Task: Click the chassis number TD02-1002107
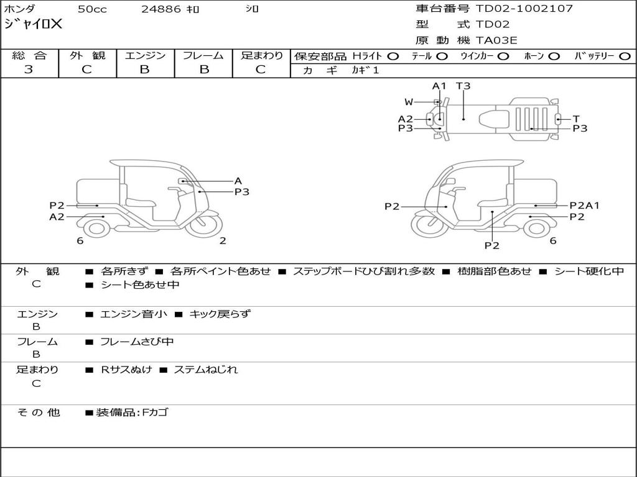[524, 9]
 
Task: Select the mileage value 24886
[160, 9]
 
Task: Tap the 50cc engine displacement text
[92, 9]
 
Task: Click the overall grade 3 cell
[29, 70]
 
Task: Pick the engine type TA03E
[496, 41]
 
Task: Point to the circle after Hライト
[393, 56]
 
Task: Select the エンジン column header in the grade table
[145, 55]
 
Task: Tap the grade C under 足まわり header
[261, 70]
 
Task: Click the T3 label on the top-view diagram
[463, 86]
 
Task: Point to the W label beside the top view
[409, 102]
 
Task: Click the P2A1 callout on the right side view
[584, 206]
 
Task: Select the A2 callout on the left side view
[57, 217]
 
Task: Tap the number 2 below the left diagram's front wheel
[223, 241]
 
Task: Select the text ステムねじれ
[205, 370]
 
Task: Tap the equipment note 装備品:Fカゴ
[132, 412]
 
